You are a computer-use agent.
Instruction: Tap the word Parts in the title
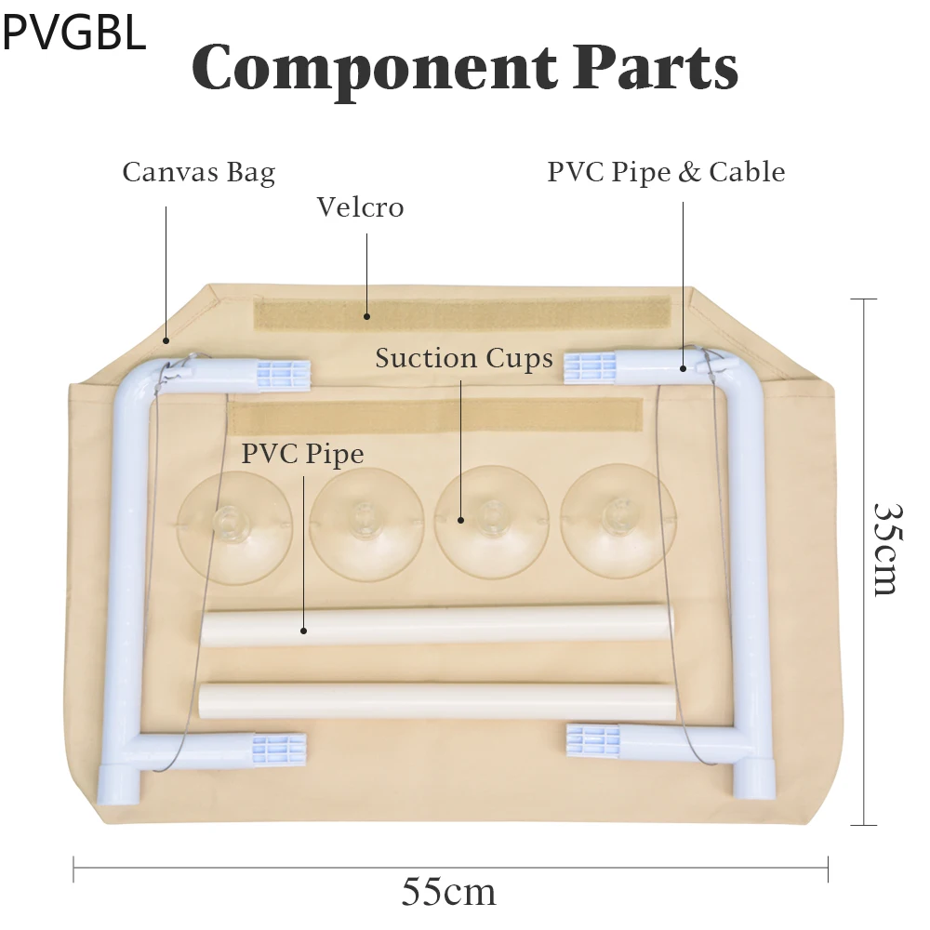coord(655,67)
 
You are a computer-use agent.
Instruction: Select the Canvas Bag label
coord(198,172)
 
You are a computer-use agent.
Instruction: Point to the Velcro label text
coord(360,206)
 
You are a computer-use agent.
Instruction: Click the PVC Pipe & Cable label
coord(666,172)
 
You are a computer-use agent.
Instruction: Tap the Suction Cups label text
coord(464,358)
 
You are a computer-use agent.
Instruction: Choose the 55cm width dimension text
coord(448,893)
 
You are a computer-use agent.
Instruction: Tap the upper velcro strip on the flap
coord(462,313)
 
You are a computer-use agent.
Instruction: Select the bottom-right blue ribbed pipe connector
coord(593,740)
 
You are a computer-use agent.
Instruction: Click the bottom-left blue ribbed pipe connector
coord(279,747)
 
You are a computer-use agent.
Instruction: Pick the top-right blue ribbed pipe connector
coord(590,367)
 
